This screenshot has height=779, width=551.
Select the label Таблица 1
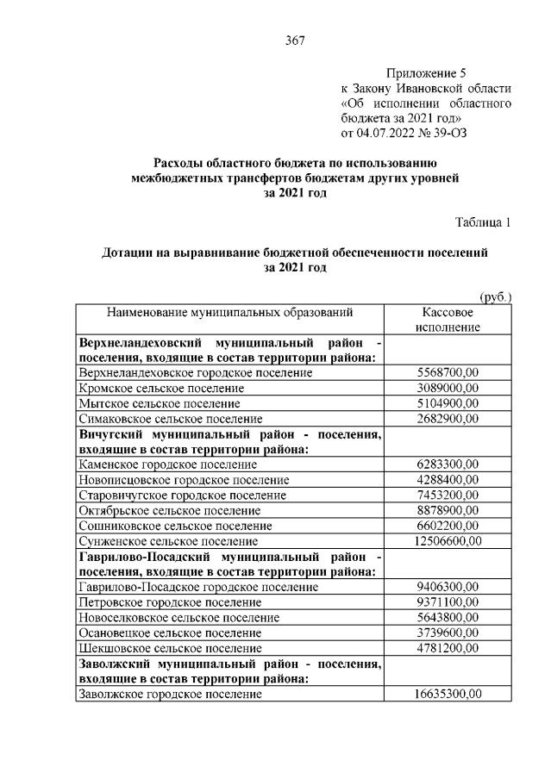(483, 222)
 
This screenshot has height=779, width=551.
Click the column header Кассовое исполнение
(448, 320)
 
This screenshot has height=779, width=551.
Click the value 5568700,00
(448, 372)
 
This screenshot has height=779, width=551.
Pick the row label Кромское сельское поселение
(161, 388)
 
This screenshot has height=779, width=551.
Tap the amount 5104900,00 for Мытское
(448, 402)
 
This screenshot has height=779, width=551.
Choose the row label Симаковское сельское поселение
(171, 418)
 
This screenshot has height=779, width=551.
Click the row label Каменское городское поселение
(167, 464)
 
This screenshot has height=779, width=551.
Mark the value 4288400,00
(448, 479)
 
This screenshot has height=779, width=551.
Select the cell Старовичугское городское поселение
(182, 495)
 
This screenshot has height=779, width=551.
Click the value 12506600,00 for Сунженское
(448, 540)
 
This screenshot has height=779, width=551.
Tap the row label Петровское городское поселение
(170, 601)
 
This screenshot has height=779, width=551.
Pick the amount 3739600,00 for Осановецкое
(448, 632)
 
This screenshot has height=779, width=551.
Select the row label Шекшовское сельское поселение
(170, 647)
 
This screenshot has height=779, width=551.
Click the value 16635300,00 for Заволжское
(448, 694)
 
